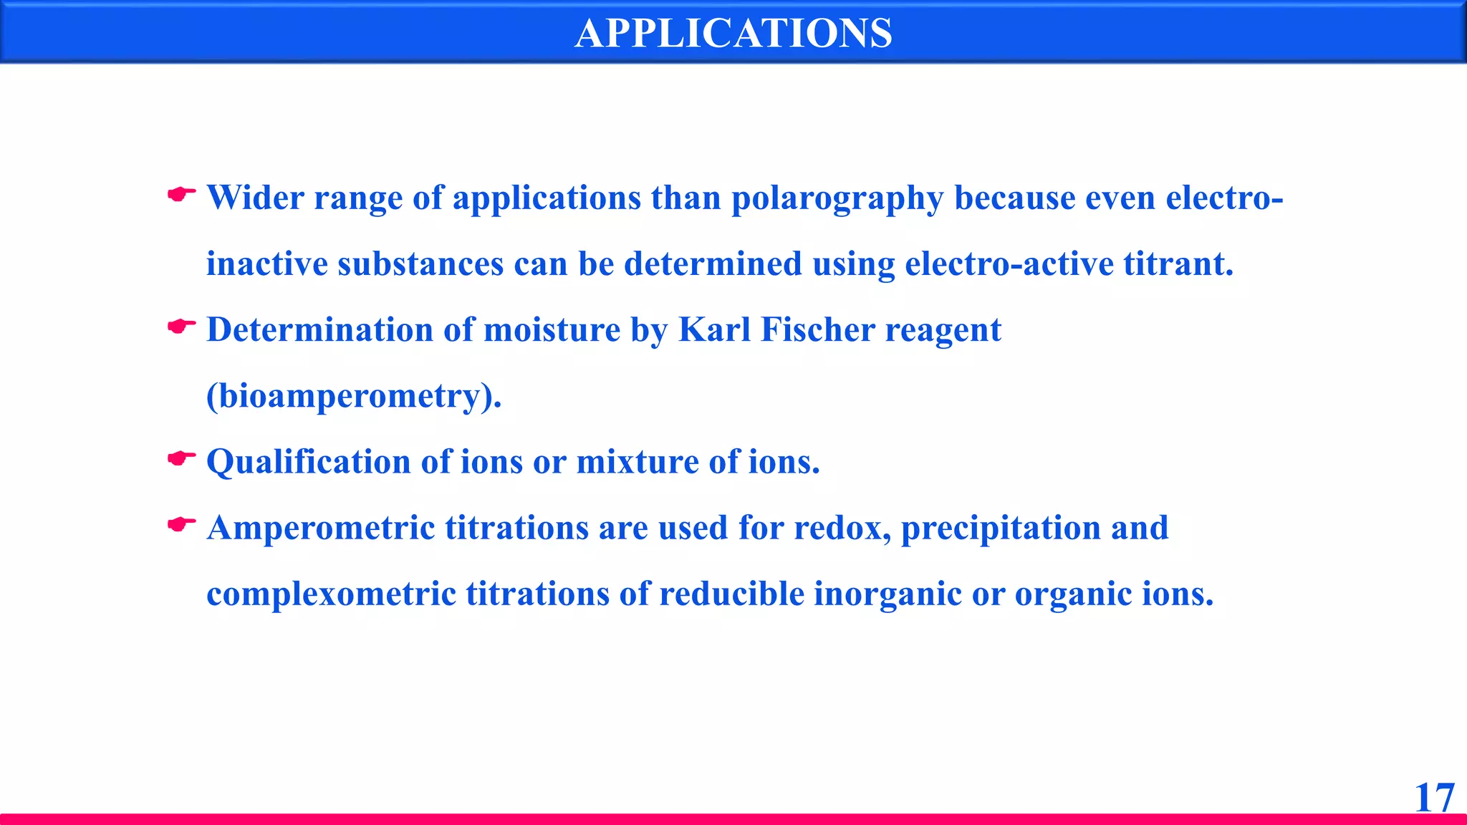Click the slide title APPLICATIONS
click(x=733, y=33)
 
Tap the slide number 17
click(x=1435, y=797)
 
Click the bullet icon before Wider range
click(x=181, y=194)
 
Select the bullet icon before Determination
click(x=181, y=327)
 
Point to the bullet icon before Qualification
click(x=181, y=458)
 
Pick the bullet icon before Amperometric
click(x=181, y=525)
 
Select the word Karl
click(x=714, y=329)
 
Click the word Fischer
click(x=818, y=329)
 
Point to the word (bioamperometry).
click(x=354, y=396)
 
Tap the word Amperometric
click(x=321, y=529)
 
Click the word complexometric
click(x=331, y=594)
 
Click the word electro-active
click(x=1009, y=264)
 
